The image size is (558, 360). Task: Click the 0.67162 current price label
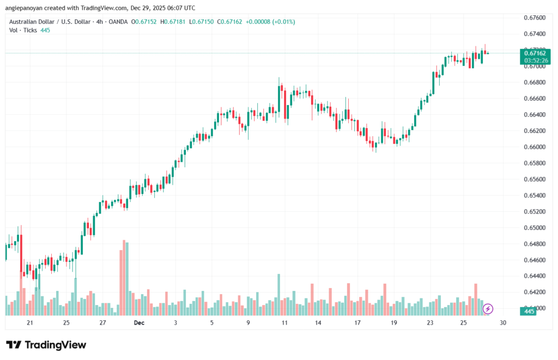tap(533, 53)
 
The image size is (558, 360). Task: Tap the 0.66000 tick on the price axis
tap(533, 147)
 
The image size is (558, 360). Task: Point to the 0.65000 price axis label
tap(533, 228)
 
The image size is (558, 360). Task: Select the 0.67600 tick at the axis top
tap(533, 18)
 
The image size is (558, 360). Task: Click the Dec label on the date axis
tap(139, 323)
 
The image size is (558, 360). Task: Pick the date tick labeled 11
tap(284, 323)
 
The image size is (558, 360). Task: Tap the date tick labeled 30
tap(503, 323)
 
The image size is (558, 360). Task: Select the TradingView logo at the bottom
tap(46, 345)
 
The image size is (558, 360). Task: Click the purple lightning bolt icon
tap(488, 309)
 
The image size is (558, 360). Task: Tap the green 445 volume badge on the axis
tap(527, 312)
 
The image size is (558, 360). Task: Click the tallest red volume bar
tap(124, 278)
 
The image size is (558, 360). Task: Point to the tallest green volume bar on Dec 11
tap(278, 294)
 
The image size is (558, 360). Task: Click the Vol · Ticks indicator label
tap(23, 30)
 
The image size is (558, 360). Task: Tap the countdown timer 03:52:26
tap(534, 60)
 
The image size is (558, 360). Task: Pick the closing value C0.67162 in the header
tap(232, 22)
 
